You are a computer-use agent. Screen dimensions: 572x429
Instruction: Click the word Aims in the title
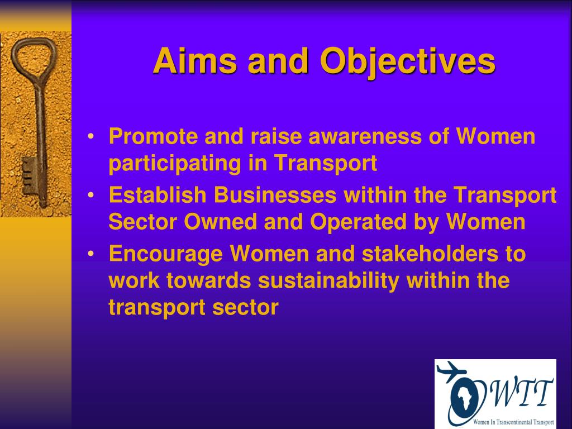click(195, 60)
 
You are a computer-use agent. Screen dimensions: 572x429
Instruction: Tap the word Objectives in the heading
click(407, 63)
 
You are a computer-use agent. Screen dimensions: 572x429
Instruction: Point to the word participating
click(175, 164)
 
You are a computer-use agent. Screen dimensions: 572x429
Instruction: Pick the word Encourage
click(165, 254)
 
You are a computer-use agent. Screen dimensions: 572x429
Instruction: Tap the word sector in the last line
click(246, 308)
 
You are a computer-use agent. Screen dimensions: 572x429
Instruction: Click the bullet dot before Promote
click(91, 137)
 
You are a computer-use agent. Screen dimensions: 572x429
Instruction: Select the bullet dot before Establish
click(91, 196)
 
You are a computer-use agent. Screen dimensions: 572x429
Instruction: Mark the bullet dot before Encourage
click(91, 254)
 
